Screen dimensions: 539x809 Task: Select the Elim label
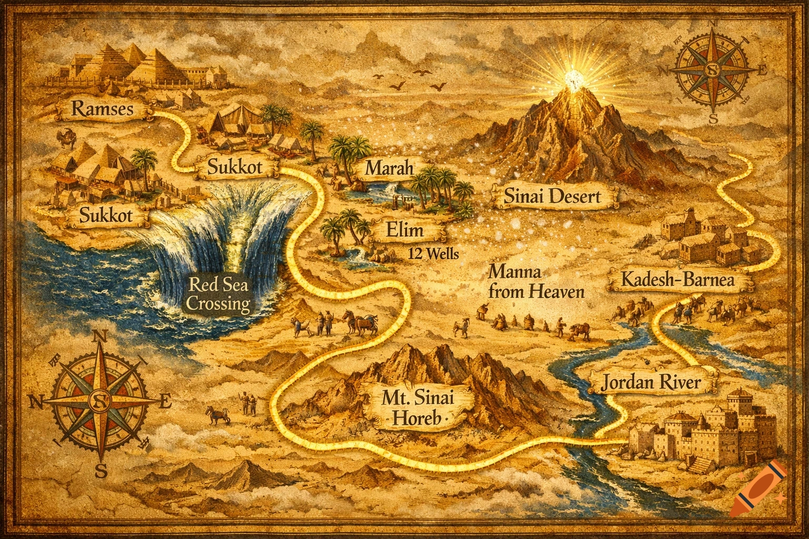coord(404,231)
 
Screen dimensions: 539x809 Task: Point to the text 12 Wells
coord(433,254)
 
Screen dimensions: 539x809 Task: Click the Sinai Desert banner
coord(552,197)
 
